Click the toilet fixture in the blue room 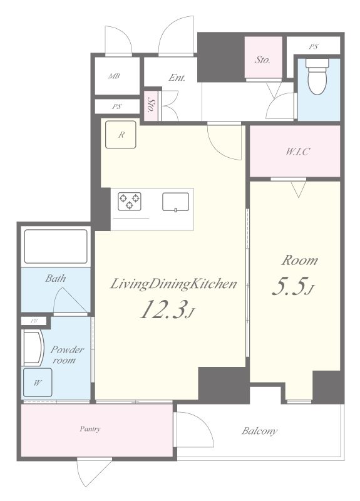[316, 76]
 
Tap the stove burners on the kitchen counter [130, 201]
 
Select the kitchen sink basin [175, 202]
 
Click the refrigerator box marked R [121, 135]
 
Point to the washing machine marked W [38, 383]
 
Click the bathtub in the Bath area [56, 246]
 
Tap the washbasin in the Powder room [33, 348]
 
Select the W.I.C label [297, 151]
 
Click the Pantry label [90, 429]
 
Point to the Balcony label [259, 431]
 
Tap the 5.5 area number [293, 287]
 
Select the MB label [114, 76]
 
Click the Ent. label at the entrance [177, 77]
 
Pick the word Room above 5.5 [300, 261]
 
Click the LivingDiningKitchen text [173, 284]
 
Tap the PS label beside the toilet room [314, 46]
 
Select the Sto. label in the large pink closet [262, 59]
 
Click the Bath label [56, 278]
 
